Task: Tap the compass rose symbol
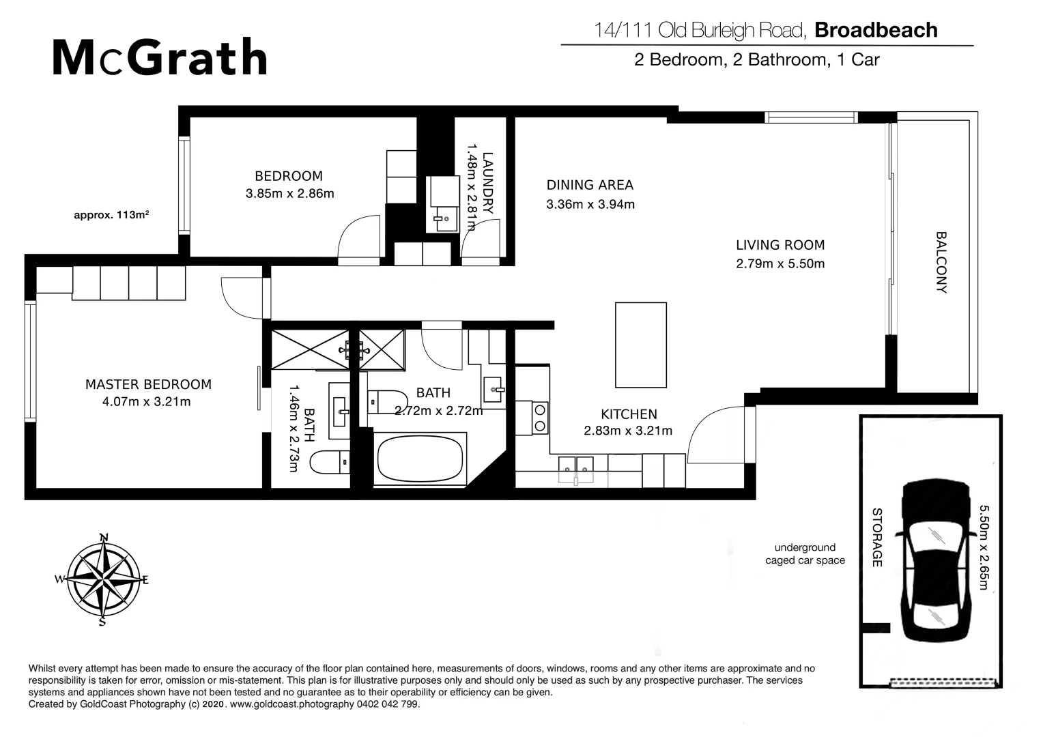click(x=103, y=580)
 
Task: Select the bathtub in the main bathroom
click(x=420, y=459)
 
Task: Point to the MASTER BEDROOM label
click(x=148, y=384)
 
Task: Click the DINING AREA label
click(x=590, y=185)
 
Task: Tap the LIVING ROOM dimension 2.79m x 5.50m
click(x=780, y=264)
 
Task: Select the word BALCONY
click(x=941, y=262)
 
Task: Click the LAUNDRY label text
click(x=487, y=183)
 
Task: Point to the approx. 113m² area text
click(x=111, y=215)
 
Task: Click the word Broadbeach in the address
click(x=876, y=30)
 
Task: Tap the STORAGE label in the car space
click(x=877, y=537)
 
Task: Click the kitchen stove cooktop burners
click(x=540, y=418)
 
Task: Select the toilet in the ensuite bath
click(x=330, y=463)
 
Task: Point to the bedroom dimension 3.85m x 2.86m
click(x=289, y=194)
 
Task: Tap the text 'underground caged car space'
click(x=805, y=553)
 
